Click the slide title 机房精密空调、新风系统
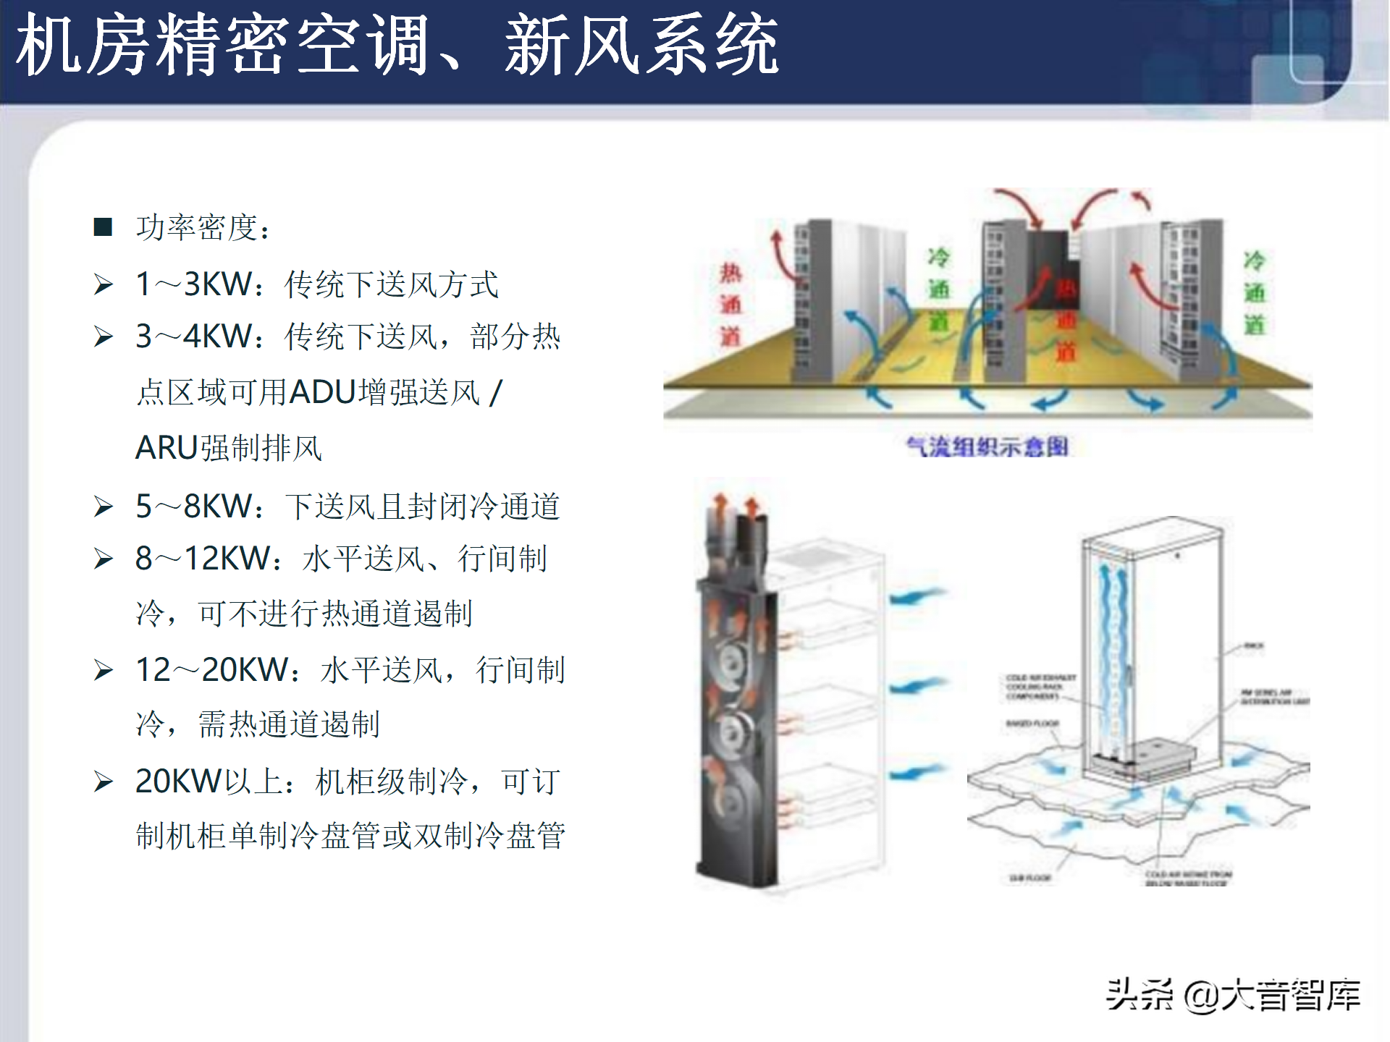(397, 45)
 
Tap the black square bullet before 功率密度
(104, 227)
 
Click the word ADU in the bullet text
(323, 392)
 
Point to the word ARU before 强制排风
(167, 448)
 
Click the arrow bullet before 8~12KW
(104, 559)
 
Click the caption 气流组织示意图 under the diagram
(987, 446)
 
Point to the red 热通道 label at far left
(730, 305)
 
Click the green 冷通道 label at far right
(1255, 293)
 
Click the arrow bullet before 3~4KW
(104, 337)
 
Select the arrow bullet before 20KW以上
(104, 782)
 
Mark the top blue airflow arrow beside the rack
(917, 596)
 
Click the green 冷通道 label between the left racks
(939, 289)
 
